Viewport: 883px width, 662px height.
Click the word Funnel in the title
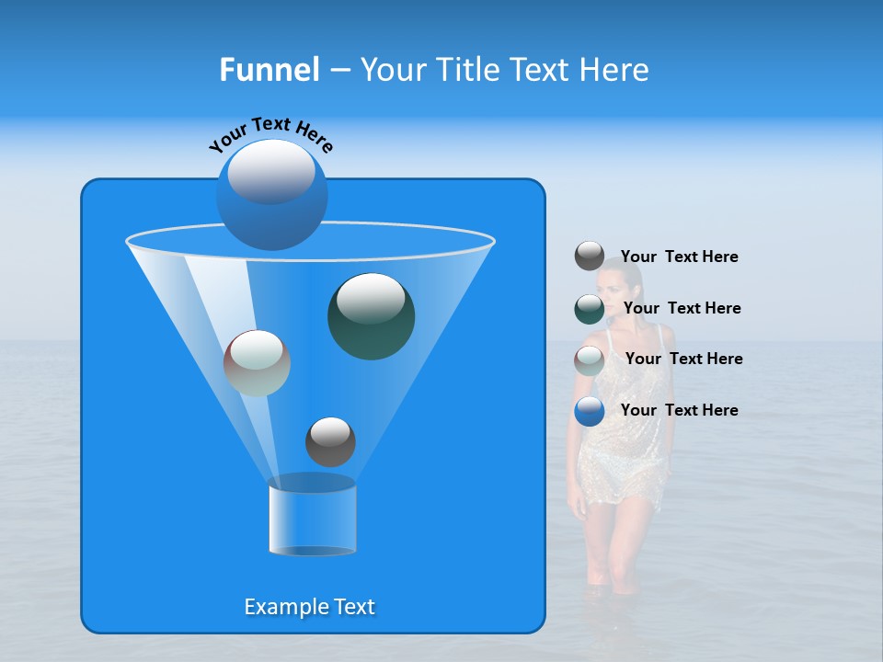pyautogui.click(x=269, y=70)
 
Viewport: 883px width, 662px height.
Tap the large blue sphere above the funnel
pyautogui.click(x=272, y=195)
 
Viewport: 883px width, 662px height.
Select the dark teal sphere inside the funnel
pyautogui.click(x=371, y=316)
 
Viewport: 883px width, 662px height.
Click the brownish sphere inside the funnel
pyautogui.click(x=257, y=363)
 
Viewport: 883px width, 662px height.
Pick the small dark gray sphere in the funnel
pyautogui.click(x=330, y=441)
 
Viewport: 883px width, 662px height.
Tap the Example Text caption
pyautogui.click(x=309, y=607)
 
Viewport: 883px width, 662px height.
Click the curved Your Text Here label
pyautogui.click(x=270, y=134)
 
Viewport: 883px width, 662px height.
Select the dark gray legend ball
pyautogui.click(x=590, y=257)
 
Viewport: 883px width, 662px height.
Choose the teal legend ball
pyautogui.click(x=590, y=309)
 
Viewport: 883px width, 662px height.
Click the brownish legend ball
pyautogui.click(x=590, y=360)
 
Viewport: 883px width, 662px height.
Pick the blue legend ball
pyautogui.click(x=590, y=411)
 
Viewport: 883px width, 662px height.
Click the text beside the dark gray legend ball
pyautogui.click(x=679, y=257)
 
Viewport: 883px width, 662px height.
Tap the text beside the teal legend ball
pyautogui.click(x=682, y=308)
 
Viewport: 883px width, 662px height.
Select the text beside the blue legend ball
pyautogui.click(x=679, y=410)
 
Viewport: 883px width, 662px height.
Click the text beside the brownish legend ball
pyautogui.click(x=683, y=359)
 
